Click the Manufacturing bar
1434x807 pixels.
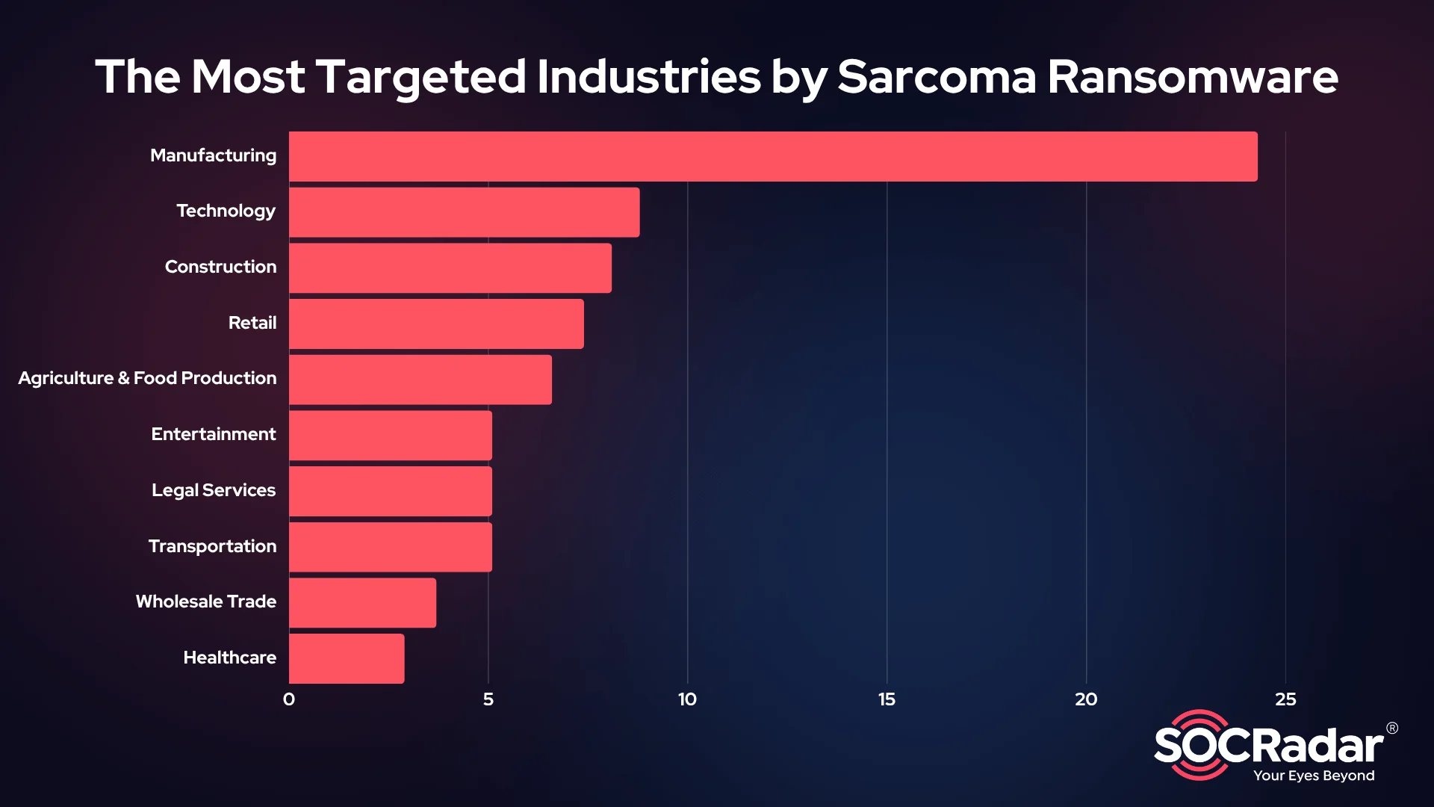point(773,156)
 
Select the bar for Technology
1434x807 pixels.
point(464,212)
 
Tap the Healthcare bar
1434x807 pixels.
point(347,658)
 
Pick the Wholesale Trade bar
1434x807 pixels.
point(362,602)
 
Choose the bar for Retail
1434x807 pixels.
point(436,324)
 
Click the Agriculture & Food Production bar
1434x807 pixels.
point(420,380)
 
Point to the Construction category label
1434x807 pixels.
point(220,267)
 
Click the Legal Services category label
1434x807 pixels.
point(214,490)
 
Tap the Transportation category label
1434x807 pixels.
point(212,546)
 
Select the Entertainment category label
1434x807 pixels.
point(214,434)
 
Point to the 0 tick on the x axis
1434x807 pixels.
point(289,699)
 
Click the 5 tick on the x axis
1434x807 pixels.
point(488,699)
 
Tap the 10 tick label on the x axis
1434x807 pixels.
point(687,699)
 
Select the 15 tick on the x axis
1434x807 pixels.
point(887,699)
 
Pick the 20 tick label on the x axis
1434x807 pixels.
point(1086,699)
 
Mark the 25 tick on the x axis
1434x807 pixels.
point(1285,699)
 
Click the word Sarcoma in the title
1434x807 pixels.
point(937,77)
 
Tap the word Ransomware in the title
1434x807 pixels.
point(1192,77)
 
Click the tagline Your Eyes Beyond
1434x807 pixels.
point(1314,776)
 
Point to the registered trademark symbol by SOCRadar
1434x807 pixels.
point(1392,728)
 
